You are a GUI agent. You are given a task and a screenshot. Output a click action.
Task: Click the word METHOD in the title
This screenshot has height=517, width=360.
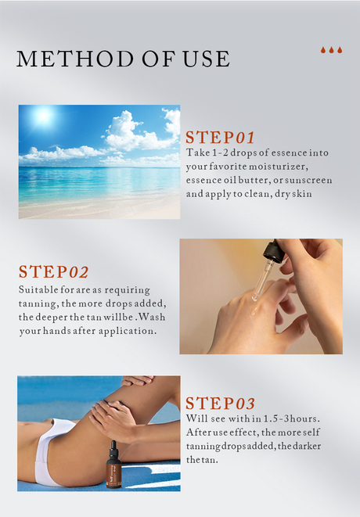point(75,59)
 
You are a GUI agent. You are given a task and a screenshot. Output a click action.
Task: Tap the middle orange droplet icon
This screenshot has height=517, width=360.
point(331,50)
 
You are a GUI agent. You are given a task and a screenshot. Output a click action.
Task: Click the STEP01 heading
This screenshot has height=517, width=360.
point(220,137)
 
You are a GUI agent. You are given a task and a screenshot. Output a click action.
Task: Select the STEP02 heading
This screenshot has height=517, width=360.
point(53,271)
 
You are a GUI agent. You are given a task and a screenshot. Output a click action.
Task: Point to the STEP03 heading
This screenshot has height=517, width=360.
point(220,404)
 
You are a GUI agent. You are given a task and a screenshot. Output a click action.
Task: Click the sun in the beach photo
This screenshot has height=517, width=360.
point(43,115)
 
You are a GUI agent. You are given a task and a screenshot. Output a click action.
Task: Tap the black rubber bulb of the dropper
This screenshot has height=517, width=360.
point(274,250)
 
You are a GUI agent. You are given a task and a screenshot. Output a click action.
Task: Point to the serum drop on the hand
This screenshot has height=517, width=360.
point(254,310)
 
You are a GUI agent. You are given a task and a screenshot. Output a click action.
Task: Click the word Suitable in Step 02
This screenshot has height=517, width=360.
point(38,290)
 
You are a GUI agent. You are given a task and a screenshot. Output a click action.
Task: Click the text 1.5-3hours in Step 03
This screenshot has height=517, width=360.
point(291,418)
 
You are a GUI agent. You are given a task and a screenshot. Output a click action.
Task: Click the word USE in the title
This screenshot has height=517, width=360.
point(207,59)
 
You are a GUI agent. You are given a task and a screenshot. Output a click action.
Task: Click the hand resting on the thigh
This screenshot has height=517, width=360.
point(113,420)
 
